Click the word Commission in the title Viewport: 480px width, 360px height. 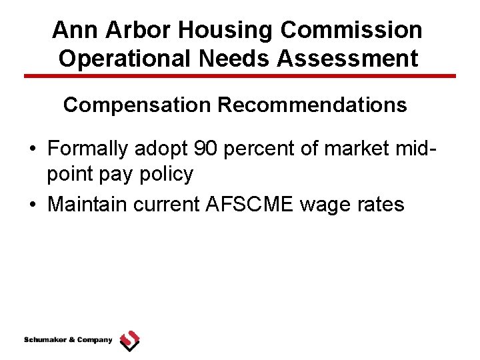[352, 30]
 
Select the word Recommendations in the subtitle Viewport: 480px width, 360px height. [312, 105]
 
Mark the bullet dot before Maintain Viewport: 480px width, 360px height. [33, 204]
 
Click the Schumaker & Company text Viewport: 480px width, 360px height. [68, 340]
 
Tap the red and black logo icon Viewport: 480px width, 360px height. [129, 341]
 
